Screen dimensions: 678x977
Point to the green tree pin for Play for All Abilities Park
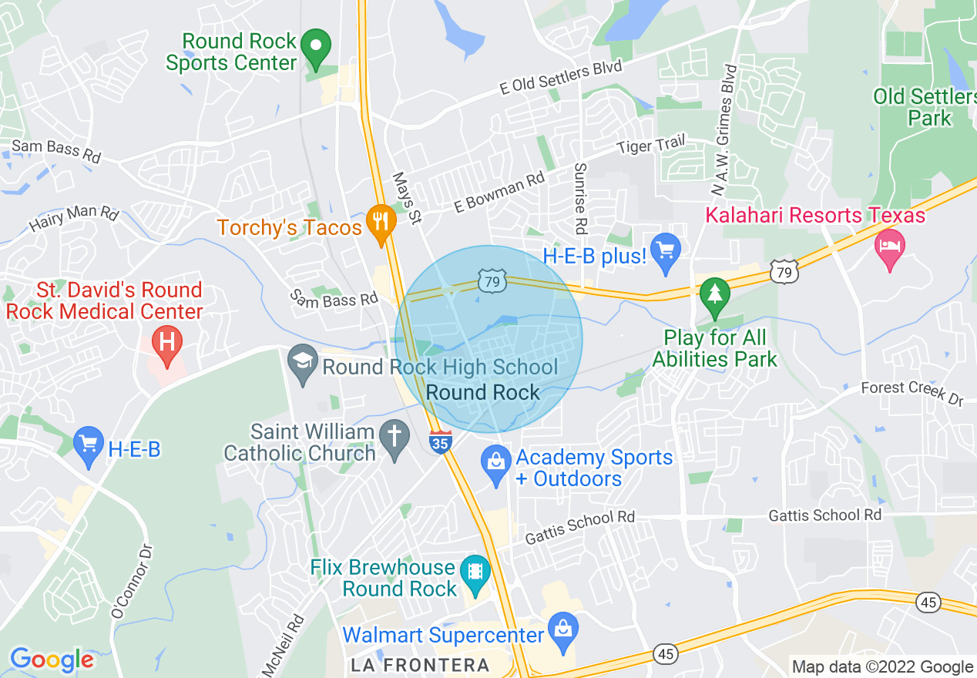tap(715, 296)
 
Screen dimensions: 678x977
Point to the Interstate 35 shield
tap(440, 442)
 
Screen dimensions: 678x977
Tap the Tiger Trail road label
tap(650, 143)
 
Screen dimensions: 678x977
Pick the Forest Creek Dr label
tap(912, 393)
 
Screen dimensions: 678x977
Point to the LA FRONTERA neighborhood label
tap(420, 665)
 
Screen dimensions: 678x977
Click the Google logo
tap(52, 660)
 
